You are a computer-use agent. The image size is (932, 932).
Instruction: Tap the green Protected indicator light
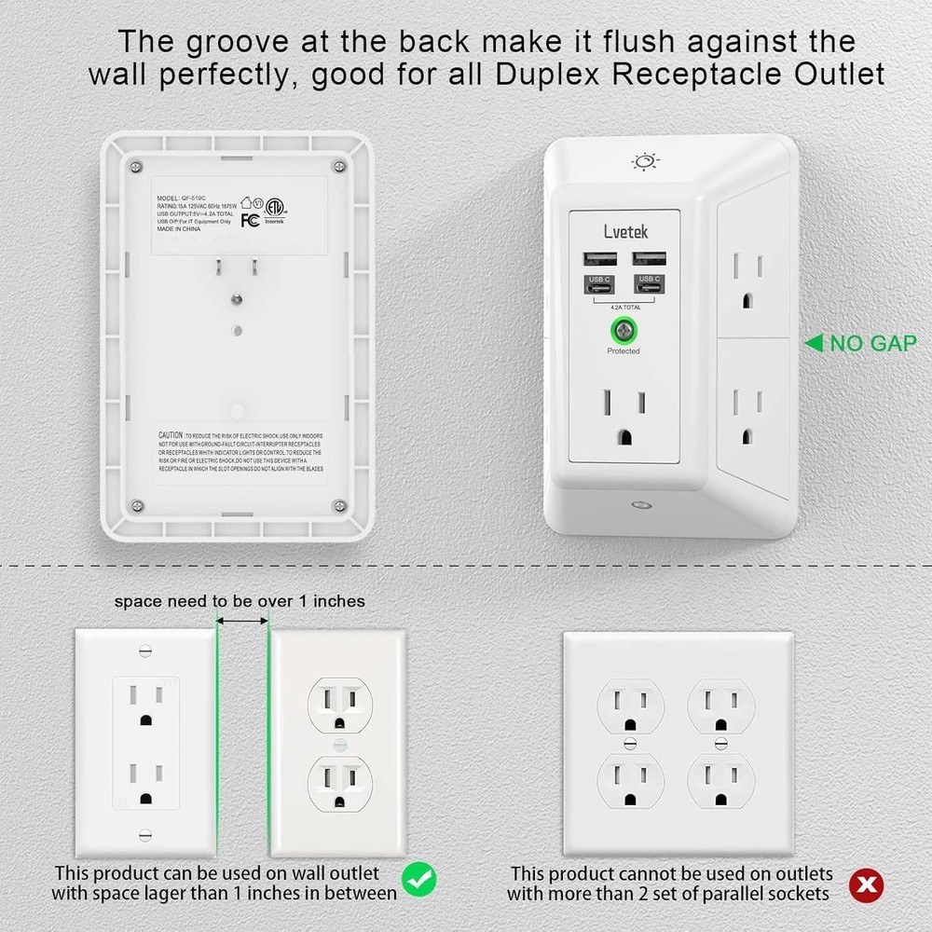624,331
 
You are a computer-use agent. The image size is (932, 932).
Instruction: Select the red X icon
869,883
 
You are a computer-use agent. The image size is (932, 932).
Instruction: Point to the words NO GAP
872,344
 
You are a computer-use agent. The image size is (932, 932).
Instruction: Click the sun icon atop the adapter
645,162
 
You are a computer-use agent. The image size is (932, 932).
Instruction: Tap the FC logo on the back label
250,220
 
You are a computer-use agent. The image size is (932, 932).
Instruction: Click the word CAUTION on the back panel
170,435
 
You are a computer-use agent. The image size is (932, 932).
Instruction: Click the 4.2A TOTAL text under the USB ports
623,306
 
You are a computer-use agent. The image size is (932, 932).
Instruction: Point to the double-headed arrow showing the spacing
242,620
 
